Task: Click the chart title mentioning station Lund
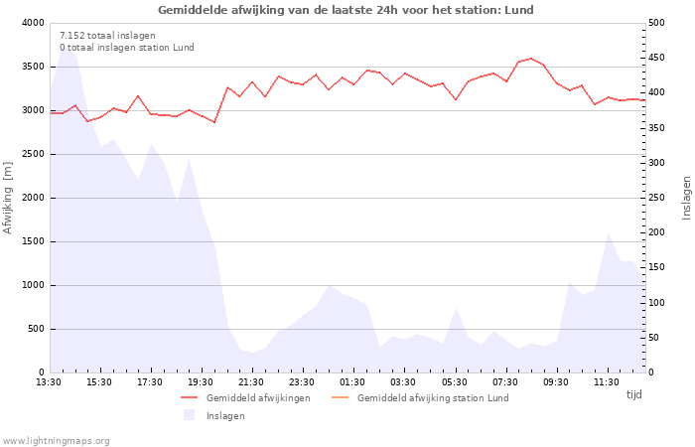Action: point(346,10)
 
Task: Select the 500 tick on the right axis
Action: point(658,23)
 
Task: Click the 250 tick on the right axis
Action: point(658,198)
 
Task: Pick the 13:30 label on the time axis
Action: point(50,382)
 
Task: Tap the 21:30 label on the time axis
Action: point(251,382)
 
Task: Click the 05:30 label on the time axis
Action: point(454,382)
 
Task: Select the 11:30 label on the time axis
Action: point(606,382)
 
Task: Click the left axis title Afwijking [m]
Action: point(9,198)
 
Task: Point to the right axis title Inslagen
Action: point(686,198)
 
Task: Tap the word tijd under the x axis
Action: point(633,394)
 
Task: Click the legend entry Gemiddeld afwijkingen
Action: point(257,398)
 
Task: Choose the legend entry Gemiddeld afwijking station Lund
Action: point(432,398)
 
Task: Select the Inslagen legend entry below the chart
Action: point(224,416)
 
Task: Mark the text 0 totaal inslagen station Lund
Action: point(126,48)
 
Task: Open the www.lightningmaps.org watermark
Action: point(57,441)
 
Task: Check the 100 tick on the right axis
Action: point(658,303)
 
